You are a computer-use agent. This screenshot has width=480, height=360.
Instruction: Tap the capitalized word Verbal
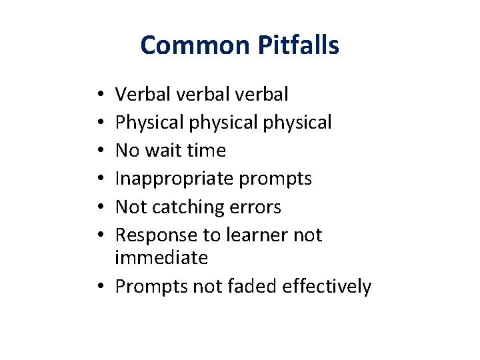tap(143, 95)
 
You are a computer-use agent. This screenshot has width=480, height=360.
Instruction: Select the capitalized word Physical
tap(148, 123)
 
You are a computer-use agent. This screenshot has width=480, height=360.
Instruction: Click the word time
tap(206, 151)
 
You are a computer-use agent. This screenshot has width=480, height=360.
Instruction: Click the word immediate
tap(161, 257)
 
